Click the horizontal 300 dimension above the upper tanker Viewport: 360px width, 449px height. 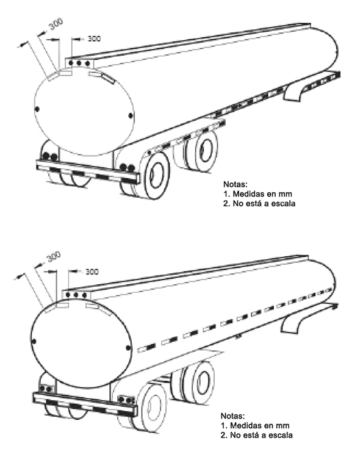click(x=94, y=38)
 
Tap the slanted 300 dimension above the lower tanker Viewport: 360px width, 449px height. click(x=54, y=257)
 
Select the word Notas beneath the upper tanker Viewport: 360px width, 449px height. click(x=235, y=184)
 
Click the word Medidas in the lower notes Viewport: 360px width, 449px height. click(x=245, y=425)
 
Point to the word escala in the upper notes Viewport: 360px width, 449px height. click(x=283, y=203)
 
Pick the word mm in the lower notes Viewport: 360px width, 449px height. click(x=283, y=426)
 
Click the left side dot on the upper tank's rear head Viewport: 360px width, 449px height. click(x=37, y=109)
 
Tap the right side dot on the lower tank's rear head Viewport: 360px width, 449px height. click(x=128, y=348)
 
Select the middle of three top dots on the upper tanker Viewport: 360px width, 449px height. click(x=79, y=63)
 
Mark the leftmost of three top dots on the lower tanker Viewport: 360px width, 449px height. click(x=68, y=295)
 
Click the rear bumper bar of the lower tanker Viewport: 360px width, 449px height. click(x=84, y=404)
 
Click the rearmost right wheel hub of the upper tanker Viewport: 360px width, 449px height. click(x=157, y=175)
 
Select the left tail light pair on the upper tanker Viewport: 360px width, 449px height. click(x=50, y=157)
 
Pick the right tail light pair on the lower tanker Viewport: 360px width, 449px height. click(x=126, y=400)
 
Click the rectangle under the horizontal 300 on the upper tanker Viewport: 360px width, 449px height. click(x=65, y=73)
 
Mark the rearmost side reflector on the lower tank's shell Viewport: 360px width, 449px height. click(x=146, y=348)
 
